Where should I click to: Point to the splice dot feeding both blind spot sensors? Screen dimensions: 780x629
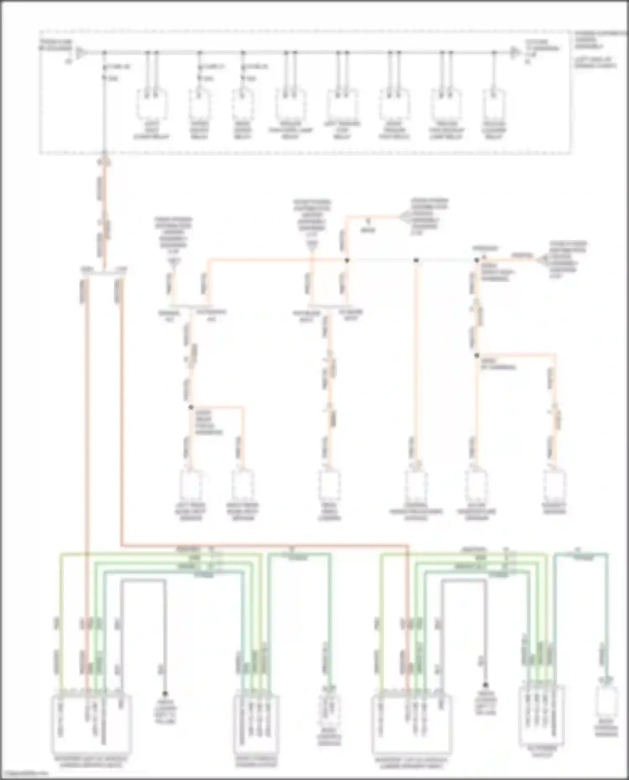pyautogui.click(x=191, y=407)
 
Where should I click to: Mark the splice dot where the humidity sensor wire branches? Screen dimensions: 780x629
pyautogui.click(x=477, y=355)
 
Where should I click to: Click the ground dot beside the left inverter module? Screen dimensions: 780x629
pyautogui.click(x=165, y=694)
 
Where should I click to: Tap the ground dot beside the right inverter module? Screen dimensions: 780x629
pyautogui.click(x=485, y=685)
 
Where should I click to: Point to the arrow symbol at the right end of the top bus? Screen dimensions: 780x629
pyautogui.click(x=515, y=53)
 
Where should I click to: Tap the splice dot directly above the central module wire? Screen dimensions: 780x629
pyautogui.click(x=416, y=260)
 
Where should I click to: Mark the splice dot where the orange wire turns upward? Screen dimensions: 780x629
pyautogui.click(x=347, y=260)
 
